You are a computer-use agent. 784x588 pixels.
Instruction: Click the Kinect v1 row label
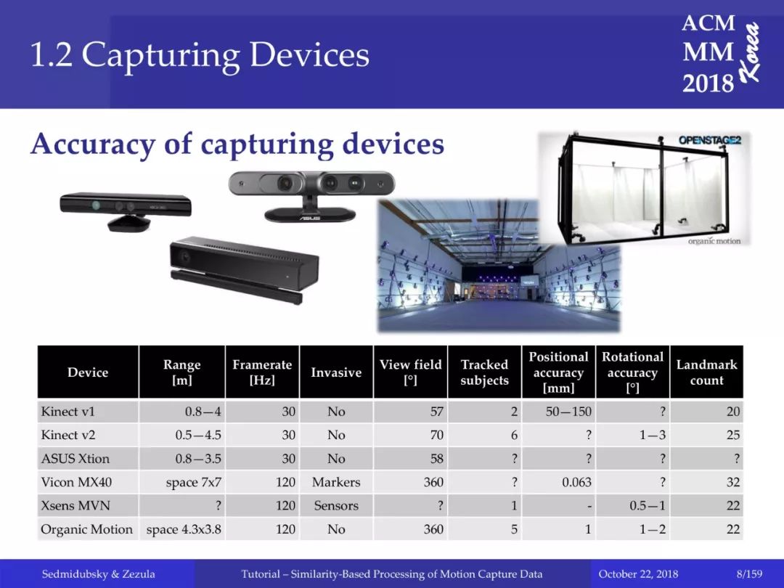68,412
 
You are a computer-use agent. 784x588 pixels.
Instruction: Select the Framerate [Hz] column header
262,372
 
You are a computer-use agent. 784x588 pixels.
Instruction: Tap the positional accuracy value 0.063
576,482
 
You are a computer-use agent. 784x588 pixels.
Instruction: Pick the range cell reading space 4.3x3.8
184,529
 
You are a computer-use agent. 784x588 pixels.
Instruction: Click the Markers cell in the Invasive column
336,482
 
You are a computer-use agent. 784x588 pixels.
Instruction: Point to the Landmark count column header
706,372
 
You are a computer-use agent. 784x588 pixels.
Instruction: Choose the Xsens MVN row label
75,505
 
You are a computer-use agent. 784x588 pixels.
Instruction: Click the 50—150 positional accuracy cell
568,412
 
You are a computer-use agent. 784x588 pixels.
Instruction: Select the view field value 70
436,435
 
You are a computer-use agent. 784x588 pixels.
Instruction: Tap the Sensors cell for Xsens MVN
336,505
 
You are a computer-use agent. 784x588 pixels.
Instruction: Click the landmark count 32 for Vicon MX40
733,482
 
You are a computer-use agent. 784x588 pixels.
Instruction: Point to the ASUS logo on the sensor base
309,218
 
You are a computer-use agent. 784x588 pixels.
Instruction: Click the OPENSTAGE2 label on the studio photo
709,140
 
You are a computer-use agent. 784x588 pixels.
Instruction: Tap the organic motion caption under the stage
714,241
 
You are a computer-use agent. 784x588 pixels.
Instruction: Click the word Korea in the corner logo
751,52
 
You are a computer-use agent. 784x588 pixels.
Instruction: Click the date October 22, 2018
638,574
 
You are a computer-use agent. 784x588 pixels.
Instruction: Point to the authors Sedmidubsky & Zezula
98,574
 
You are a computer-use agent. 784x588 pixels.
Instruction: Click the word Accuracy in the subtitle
93,144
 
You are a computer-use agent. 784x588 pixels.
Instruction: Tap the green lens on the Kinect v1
96,205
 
